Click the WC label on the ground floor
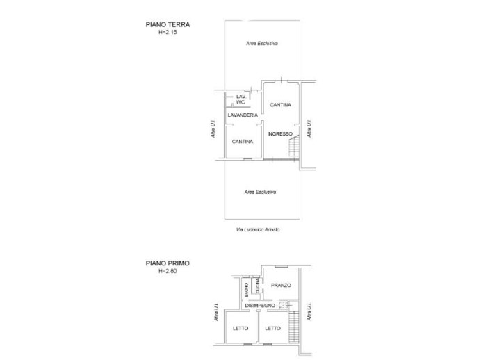pyautogui.click(x=241, y=102)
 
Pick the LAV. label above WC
pyautogui.click(x=241, y=96)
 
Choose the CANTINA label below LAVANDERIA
pyautogui.click(x=243, y=141)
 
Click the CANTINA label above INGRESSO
pyautogui.click(x=280, y=105)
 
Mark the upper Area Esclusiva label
pyautogui.click(x=261, y=44)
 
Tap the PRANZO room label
pyautogui.click(x=280, y=286)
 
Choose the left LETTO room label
pyautogui.click(x=240, y=329)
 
